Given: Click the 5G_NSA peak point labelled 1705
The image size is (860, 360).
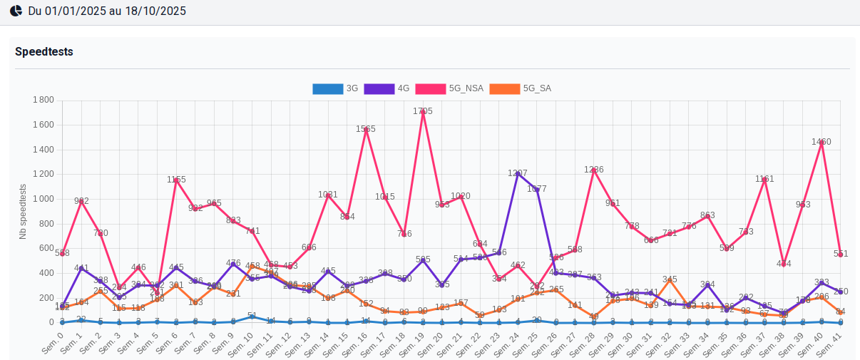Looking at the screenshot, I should pyautogui.click(x=423, y=112).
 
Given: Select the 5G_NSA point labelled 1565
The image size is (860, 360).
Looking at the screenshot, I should pyautogui.click(x=366, y=129).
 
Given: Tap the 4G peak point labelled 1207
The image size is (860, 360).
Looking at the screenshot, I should pyautogui.click(x=518, y=173).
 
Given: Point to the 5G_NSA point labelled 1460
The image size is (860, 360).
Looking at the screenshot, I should pyautogui.click(x=821, y=142).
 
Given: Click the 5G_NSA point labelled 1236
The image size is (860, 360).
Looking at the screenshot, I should pyautogui.click(x=594, y=170).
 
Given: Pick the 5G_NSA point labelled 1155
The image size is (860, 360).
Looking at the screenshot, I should pyautogui.click(x=176, y=180).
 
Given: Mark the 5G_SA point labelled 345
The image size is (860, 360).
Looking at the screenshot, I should pyautogui.click(x=670, y=279).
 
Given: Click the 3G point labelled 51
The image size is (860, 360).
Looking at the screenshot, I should pyautogui.click(x=252, y=316).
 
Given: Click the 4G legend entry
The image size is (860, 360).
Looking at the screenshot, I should pyautogui.click(x=387, y=89).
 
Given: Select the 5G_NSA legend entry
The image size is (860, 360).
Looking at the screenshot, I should pyautogui.click(x=449, y=89).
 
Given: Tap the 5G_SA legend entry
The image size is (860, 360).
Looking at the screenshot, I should pyautogui.click(x=521, y=89).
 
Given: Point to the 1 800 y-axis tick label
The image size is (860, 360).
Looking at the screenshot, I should pyautogui.click(x=43, y=100).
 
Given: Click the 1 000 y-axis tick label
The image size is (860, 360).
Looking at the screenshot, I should pyautogui.click(x=43, y=199).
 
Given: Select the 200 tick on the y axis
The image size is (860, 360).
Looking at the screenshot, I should pyautogui.click(x=46, y=298).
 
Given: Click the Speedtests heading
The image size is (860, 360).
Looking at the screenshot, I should pyautogui.click(x=44, y=52).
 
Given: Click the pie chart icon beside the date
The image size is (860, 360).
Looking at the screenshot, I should pyautogui.click(x=15, y=11).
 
